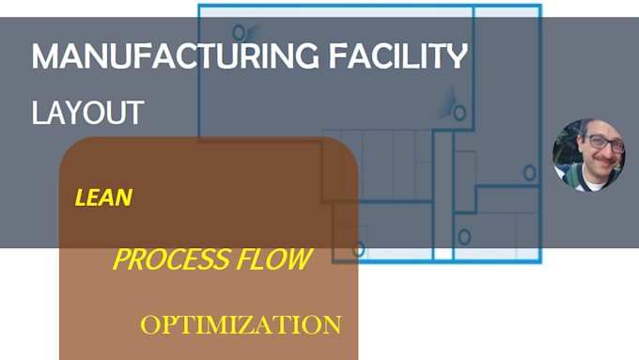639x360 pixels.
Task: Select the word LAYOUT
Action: point(87,113)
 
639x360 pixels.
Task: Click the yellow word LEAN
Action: point(103,198)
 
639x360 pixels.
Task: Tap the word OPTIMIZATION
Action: point(241,325)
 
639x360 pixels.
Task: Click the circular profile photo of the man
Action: point(589,155)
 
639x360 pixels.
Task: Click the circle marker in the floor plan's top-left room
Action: point(239,32)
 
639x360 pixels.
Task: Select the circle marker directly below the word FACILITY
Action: point(460,114)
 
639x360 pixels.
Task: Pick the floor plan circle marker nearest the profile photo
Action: point(530,173)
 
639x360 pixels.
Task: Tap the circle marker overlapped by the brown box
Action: point(357,249)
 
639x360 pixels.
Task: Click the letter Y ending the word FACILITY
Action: point(457,57)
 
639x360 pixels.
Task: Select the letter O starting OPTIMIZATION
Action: point(148,326)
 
